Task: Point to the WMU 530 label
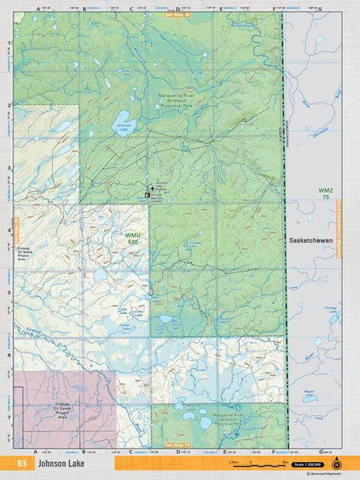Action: [134, 238]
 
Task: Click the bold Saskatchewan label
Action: [311, 238]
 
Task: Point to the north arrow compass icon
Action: [337, 463]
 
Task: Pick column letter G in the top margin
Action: [319, 9]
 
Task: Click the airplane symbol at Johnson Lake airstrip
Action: [150, 188]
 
